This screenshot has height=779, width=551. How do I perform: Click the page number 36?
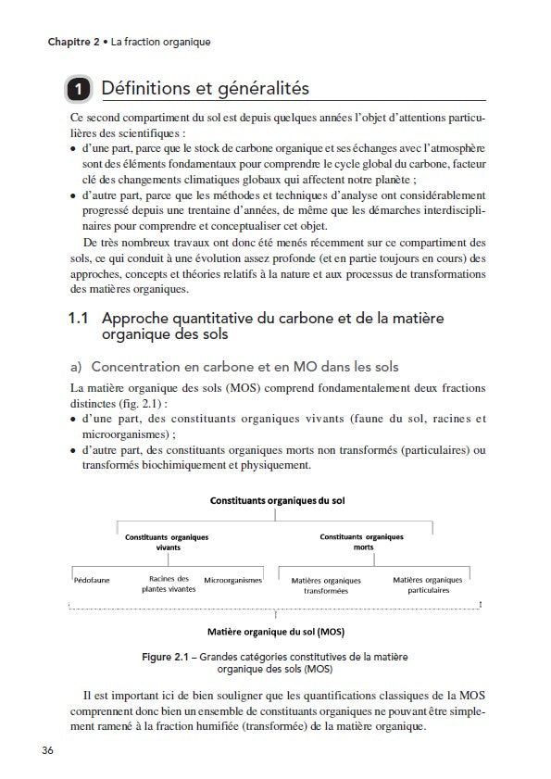[x=46, y=749]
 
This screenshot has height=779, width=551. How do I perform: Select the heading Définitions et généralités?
[x=205, y=90]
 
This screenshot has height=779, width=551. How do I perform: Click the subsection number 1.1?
[x=79, y=318]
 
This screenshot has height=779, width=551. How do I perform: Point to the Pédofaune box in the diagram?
[x=91, y=580]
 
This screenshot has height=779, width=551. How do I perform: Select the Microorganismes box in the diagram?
[x=232, y=580]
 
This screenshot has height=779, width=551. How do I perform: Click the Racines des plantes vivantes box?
[x=168, y=584]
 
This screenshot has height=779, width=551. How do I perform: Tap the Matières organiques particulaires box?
[x=426, y=584]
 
